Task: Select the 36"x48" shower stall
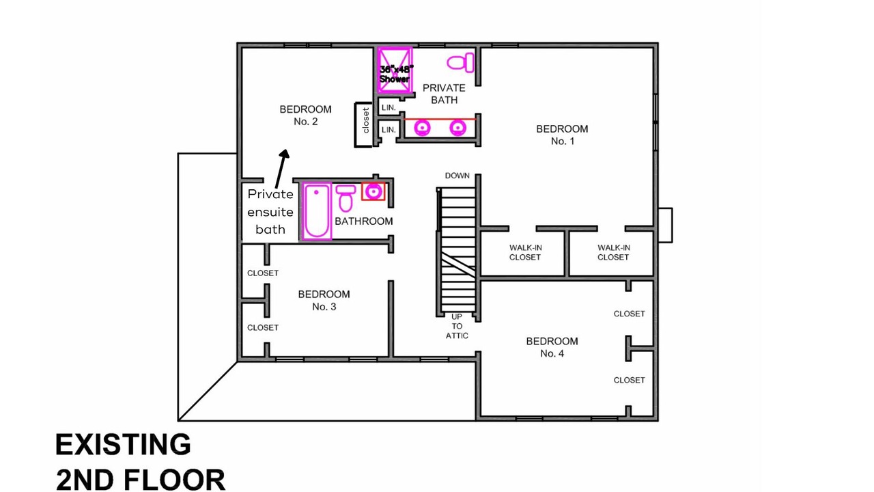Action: [395, 70]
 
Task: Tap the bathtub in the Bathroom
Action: [316, 211]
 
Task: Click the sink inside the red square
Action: [373, 191]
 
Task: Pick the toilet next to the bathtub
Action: [346, 198]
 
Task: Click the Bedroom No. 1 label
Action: [562, 135]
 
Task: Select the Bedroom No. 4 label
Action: [552, 347]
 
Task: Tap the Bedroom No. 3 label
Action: [324, 300]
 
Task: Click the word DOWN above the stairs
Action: [457, 176]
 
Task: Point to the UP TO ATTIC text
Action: [457, 326]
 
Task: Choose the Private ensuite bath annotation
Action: [270, 212]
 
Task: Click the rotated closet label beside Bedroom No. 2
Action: [365, 120]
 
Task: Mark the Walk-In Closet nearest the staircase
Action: [525, 252]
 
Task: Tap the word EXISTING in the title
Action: [124, 444]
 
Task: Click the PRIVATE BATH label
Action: [444, 94]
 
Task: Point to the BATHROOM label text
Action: [364, 221]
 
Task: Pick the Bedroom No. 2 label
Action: [305, 115]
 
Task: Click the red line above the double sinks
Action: [440, 119]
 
